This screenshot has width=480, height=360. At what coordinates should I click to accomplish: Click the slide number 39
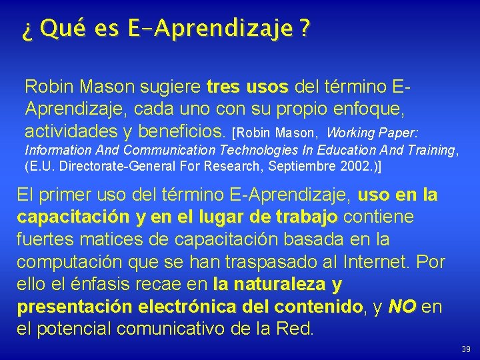(x=465, y=349)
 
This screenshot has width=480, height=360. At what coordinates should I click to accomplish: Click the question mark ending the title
(x=305, y=29)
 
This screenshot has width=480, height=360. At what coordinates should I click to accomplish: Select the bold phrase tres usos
(x=247, y=87)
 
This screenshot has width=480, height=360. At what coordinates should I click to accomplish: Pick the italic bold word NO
(x=401, y=306)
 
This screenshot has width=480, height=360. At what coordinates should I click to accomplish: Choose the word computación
(x=70, y=261)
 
